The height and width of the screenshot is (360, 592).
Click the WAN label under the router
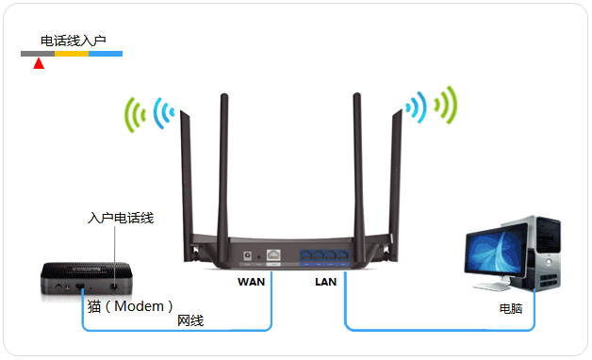[x=252, y=281]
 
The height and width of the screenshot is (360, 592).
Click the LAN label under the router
[x=325, y=281]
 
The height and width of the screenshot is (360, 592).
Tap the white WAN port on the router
[x=274, y=255]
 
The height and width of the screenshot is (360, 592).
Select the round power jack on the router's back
[x=247, y=255]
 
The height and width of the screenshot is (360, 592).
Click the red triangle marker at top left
[x=39, y=64]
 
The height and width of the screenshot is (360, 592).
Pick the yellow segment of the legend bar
[x=72, y=54]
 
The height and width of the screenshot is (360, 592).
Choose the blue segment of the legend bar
[x=106, y=54]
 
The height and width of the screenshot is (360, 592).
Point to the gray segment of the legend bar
[x=38, y=54]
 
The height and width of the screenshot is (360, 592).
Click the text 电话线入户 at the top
[x=73, y=41]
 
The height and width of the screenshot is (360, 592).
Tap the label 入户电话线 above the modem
[x=121, y=218]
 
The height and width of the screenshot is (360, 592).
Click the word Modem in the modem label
[x=143, y=306]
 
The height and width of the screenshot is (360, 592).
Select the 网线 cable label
[x=190, y=321]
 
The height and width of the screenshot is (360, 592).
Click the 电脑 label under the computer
[x=511, y=308]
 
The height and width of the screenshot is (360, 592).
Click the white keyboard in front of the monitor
[x=489, y=291]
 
